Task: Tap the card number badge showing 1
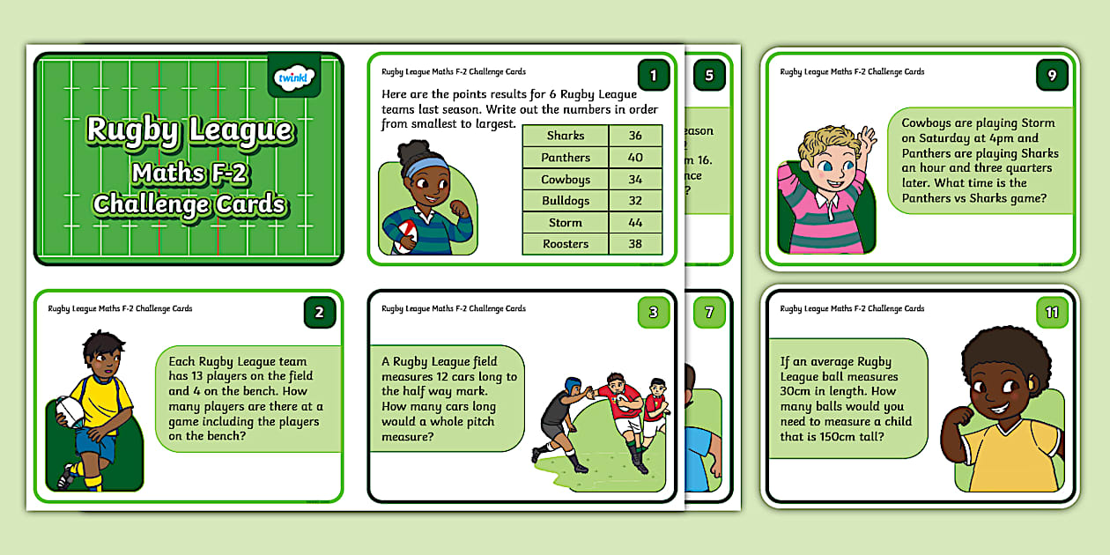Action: click(x=653, y=76)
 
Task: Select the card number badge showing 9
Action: click(x=1052, y=76)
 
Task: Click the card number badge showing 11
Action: click(x=1052, y=312)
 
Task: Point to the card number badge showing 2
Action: click(x=319, y=312)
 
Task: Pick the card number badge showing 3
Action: click(x=653, y=312)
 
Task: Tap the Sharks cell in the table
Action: click(x=566, y=136)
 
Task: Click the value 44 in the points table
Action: click(x=635, y=223)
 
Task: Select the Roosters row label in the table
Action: click(x=566, y=245)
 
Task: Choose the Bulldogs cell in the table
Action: click(x=566, y=201)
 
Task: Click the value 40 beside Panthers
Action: click(x=635, y=158)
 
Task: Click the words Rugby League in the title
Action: click(x=189, y=130)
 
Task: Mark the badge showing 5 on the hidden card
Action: click(x=709, y=76)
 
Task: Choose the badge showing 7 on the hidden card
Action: click(x=709, y=312)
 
